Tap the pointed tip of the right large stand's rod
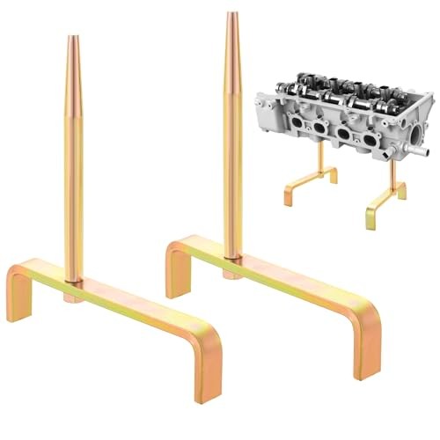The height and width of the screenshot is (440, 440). coord(232,15)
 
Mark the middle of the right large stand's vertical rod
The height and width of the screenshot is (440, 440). coord(232,136)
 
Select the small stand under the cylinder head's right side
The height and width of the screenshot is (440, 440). coord(387,198)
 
